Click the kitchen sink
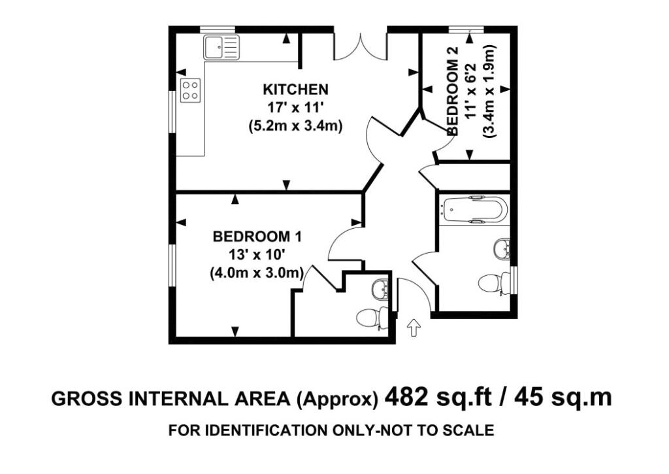point(221,47)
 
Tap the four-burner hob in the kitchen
point(191,90)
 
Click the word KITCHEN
point(296,90)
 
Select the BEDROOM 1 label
point(257,236)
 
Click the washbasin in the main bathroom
point(502,248)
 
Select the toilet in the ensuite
point(372,317)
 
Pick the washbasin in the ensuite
point(380,289)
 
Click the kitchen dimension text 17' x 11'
point(296,108)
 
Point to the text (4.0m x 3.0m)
point(257,272)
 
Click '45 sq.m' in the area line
point(563,398)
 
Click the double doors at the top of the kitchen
point(361,45)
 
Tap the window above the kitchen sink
point(218,29)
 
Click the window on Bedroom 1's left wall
point(172,265)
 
